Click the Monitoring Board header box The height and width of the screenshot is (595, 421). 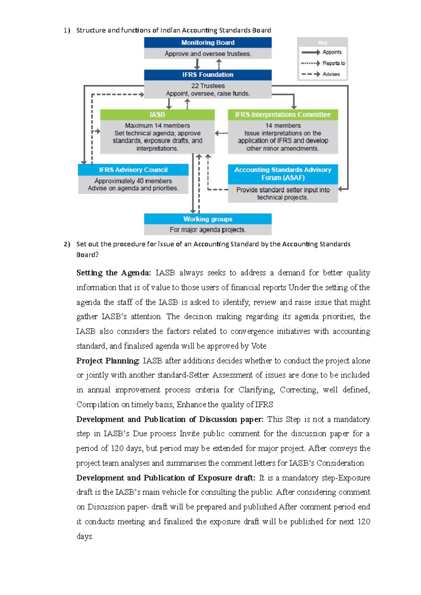pos(208,43)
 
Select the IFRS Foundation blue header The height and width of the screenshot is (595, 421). pos(208,75)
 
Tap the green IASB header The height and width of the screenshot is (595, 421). pos(157,115)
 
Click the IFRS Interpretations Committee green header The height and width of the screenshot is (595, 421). pos(283,115)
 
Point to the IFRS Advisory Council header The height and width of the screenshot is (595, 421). pos(133,170)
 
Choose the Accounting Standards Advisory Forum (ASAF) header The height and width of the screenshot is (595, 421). pos(283,174)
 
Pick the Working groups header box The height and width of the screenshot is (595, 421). pos(208,219)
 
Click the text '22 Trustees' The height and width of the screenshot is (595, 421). pos(208,86)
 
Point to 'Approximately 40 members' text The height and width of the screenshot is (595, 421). pos(133,181)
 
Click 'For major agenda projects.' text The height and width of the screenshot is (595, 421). pos(208,230)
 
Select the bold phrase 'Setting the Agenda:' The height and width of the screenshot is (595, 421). pos(114,273)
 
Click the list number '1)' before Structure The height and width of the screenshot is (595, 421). pos(67,30)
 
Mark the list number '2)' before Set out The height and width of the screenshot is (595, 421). pos(67,244)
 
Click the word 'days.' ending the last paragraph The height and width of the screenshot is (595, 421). pos(85,536)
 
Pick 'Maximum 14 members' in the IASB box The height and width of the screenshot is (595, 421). pos(157,125)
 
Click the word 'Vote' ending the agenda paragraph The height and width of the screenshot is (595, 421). pos(259,346)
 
